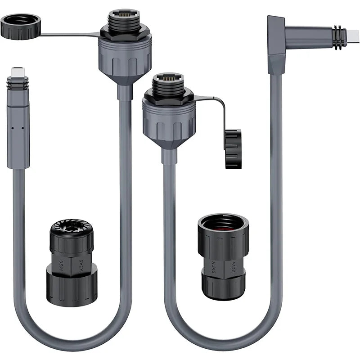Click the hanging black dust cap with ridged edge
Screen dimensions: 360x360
(233, 149)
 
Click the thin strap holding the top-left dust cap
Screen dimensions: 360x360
(67, 34)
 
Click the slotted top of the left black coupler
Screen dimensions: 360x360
(71, 228)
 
